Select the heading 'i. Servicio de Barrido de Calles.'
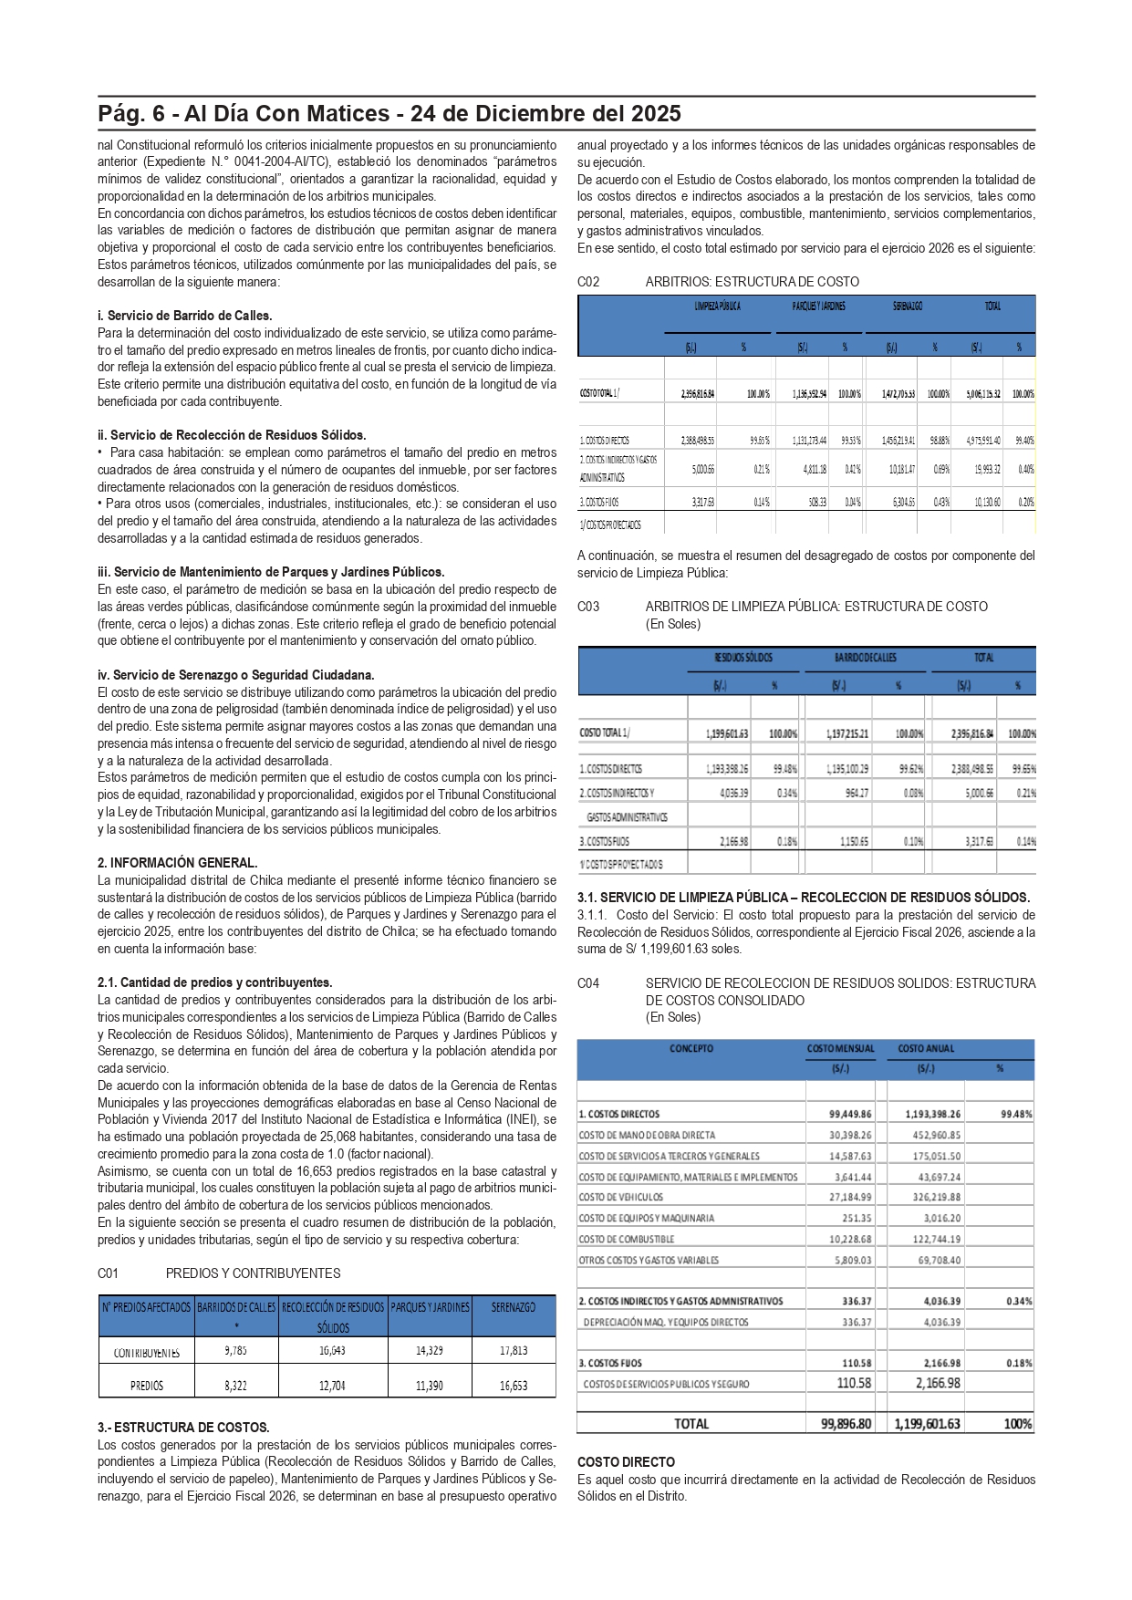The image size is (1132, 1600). [185, 316]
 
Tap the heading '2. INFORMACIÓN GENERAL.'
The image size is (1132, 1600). [177, 862]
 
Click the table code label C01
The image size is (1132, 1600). [108, 1273]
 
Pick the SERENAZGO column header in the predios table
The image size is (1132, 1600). [514, 1307]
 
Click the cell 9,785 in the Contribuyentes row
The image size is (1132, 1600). [235, 1350]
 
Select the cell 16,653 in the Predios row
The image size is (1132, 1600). [514, 1385]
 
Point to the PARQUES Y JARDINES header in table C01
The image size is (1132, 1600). [430, 1307]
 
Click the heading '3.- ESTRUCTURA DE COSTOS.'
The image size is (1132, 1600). [183, 1428]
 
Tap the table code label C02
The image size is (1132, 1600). [588, 282]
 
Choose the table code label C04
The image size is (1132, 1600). [588, 983]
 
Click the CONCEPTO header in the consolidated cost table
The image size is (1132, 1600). [691, 1049]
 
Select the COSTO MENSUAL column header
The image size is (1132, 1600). [840, 1049]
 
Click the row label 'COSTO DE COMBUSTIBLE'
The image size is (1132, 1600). [627, 1239]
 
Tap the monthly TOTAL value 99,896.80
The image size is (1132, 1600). [846, 1423]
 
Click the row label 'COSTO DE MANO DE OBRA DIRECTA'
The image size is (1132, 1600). [647, 1135]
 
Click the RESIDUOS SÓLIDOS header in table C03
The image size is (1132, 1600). [743, 658]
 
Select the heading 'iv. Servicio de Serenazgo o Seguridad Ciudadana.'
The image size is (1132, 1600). [235, 675]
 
